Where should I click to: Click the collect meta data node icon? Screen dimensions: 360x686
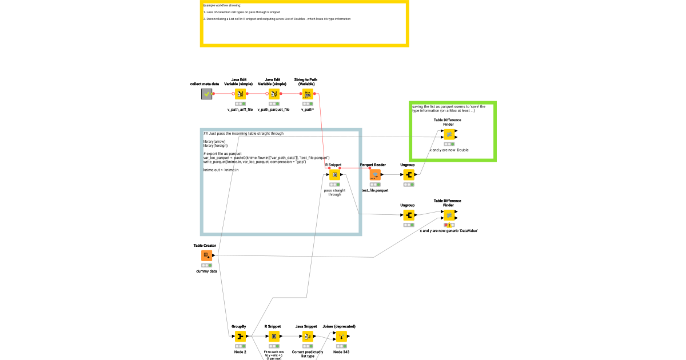pyautogui.click(x=207, y=94)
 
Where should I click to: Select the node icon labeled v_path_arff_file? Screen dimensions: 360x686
pyautogui.click(x=240, y=94)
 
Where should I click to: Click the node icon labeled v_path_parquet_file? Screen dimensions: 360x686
pyautogui.click(x=274, y=94)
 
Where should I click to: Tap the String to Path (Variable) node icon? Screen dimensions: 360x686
pyautogui.click(x=308, y=94)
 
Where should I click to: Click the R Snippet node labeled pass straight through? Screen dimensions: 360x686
pyautogui.click(x=334, y=175)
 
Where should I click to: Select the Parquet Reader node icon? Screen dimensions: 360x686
pyautogui.click(x=375, y=175)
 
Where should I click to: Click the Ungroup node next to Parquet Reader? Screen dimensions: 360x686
pyautogui.click(x=409, y=175)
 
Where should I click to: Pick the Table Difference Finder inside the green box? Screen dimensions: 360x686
pyautogui.click(x=449, y=134)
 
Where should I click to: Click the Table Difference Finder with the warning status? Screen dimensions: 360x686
pyautogui.click(x=449, y=215)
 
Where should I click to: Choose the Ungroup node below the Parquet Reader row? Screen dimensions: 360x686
pyautogui.click(x=409, y=215)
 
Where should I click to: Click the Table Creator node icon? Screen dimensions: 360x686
pyautogui.click(x=207, y=255)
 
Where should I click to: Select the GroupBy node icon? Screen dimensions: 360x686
pyautogui.click(x=240, y=337)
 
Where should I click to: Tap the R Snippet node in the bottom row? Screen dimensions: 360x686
pyautogui.click(x=274, y=337)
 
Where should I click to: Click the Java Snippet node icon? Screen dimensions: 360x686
pyautogui.click(x=308, y=337)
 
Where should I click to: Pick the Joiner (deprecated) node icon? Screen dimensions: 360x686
pyautogui.click(x=341, y=337)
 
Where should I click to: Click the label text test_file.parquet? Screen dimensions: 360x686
pyautogui.click(x=375, y=190)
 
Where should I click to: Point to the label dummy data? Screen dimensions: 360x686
pyautogui.click(x=207, y=271)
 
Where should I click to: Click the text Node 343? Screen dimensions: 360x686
pyautogui.click(x=341, y=352)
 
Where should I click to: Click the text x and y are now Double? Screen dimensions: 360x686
pyautogui.click(x=449, y=150)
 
